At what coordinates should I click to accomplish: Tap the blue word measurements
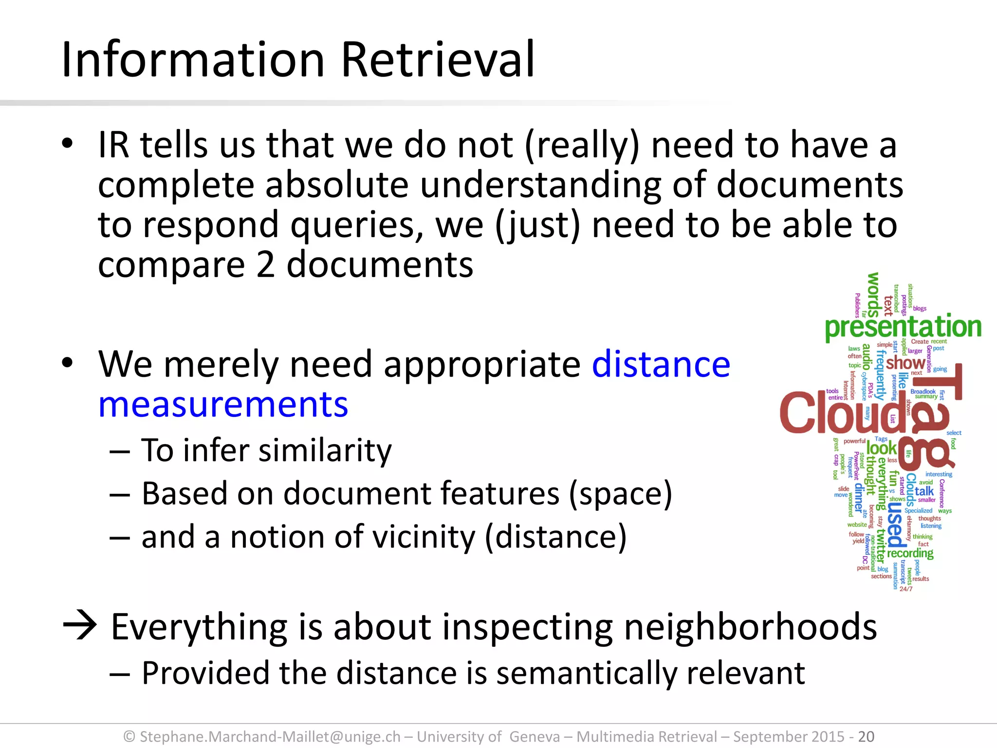pos(223,405)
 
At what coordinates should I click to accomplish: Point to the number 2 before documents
pos(265,265)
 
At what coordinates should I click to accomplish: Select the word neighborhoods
pos(750,627)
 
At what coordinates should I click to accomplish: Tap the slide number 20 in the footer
pos(866,736)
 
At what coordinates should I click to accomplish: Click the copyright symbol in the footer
pos(129,737)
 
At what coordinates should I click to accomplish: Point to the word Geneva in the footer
pos(535,736)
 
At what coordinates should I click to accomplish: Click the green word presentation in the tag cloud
pos(903,327)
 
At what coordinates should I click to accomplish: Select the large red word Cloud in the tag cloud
pos(842,413)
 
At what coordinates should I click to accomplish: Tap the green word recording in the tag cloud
pos(910,554)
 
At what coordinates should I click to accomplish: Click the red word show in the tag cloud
pos(905,363)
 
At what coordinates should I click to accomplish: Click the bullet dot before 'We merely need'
pos(67,363)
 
